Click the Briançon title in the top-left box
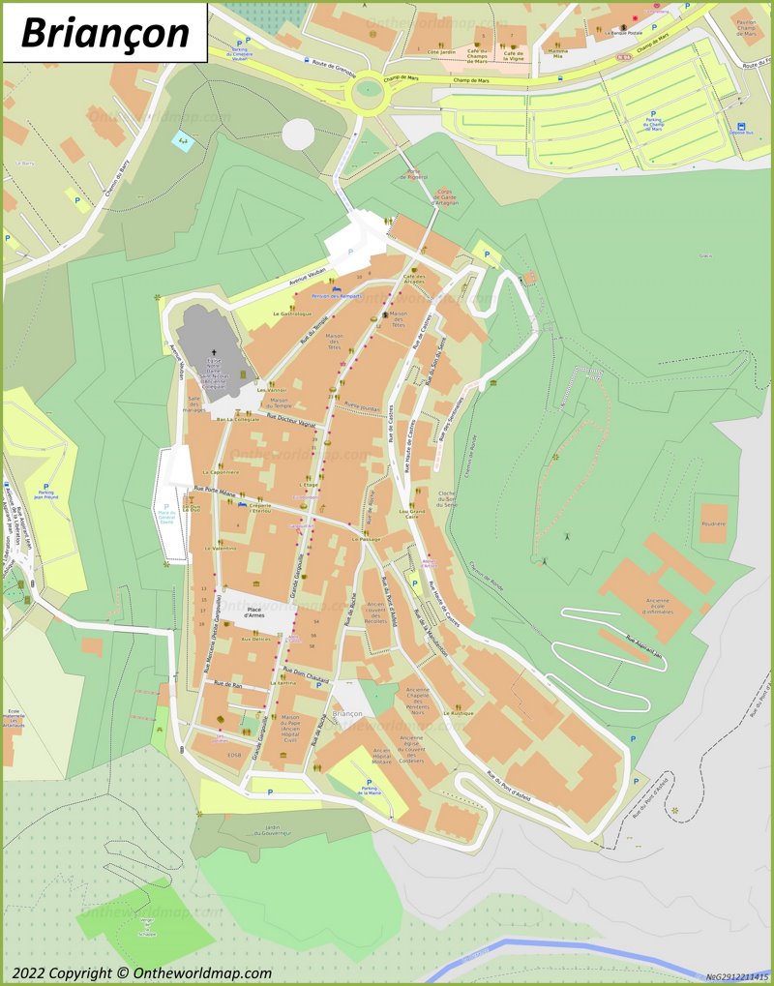click(x=104, y=32)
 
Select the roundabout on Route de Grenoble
click(x=367, y=94)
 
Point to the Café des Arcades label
click(x=415, y=281)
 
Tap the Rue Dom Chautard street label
click(x=306, y=674)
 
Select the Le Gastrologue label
click(x=291, y=314)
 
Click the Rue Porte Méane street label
click(x=215, y=492)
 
